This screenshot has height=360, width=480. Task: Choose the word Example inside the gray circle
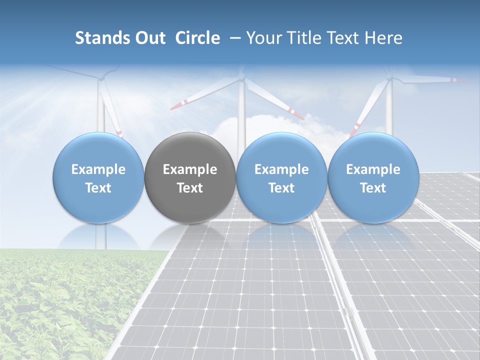click(x=190, y=169)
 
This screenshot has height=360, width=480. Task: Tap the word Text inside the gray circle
click(x=190, y=188)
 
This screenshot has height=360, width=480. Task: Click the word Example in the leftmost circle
click(x=98, y=169)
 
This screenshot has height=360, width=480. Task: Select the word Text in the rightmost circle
click(x=373, y=188)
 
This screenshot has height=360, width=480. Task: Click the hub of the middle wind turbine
click(x=242, y=78)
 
